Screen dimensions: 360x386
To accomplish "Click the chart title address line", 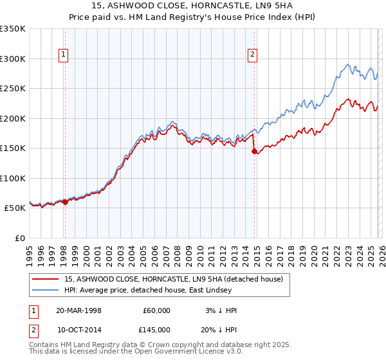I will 192,6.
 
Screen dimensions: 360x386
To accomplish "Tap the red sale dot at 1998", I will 65,202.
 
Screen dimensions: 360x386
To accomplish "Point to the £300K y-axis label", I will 12,59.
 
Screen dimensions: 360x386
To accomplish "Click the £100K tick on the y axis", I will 12,178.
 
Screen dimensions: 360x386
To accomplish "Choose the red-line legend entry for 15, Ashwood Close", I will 178,280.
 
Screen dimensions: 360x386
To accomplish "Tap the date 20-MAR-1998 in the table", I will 78,310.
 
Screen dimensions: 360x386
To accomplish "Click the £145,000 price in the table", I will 156,330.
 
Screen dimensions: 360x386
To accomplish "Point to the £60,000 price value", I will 156,310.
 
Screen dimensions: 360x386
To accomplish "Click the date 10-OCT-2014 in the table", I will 78,330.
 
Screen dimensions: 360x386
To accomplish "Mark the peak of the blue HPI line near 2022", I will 348,64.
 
